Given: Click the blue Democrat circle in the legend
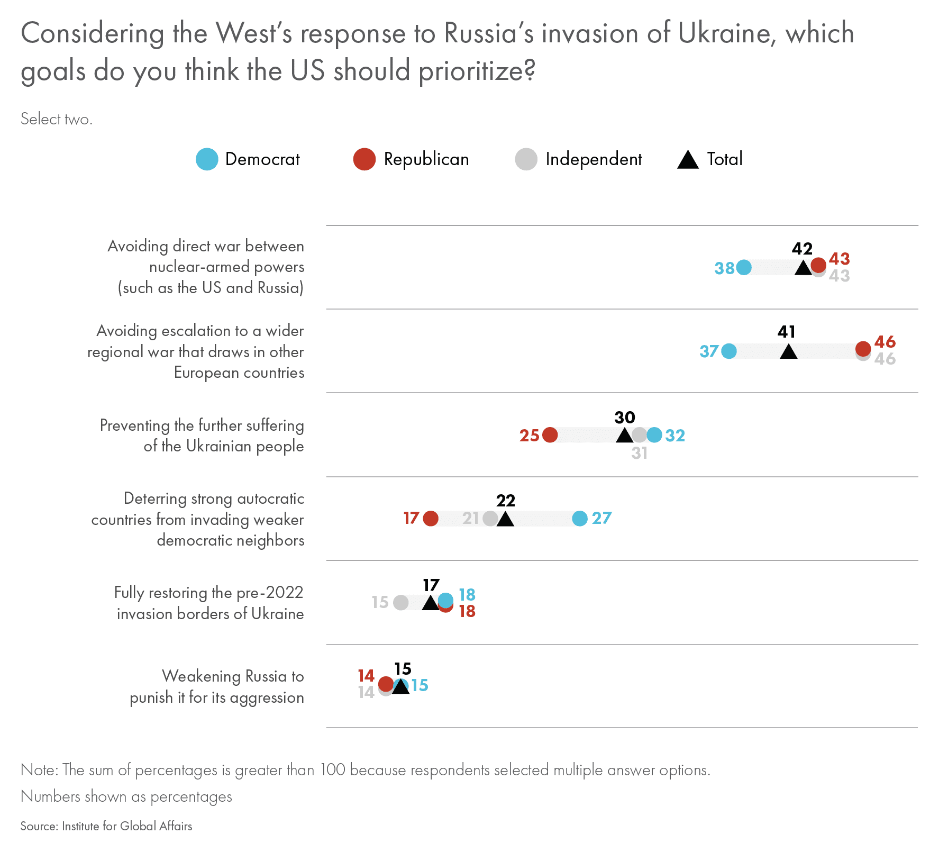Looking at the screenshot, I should [207, 159].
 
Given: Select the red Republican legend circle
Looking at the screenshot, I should [364, 159].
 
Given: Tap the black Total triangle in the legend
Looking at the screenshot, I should [688, 160].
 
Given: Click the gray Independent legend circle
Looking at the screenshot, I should [526, 159].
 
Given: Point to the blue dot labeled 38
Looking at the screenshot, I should [744, 268].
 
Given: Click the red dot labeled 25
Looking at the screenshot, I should [550, 435].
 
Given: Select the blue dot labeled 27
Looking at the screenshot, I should [580, 519].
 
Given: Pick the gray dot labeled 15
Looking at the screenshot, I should [401, 602].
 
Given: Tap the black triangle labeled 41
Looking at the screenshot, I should [788, 351].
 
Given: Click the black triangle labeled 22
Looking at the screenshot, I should [505, 519].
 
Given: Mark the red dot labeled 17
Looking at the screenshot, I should [431, 519].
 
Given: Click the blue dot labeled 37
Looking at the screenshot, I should [729, 351].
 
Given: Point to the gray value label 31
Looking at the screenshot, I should [639, 454].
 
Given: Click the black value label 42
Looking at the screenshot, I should [802, 249].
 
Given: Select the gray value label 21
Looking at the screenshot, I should [470, 518].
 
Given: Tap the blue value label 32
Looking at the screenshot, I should [675, 436].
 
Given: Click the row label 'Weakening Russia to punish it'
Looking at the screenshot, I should [217, 687].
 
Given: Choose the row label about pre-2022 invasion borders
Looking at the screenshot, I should [209, 603].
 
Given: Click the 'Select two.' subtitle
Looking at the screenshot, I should [57, 119].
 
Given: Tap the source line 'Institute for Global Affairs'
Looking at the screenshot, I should [106, 826].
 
